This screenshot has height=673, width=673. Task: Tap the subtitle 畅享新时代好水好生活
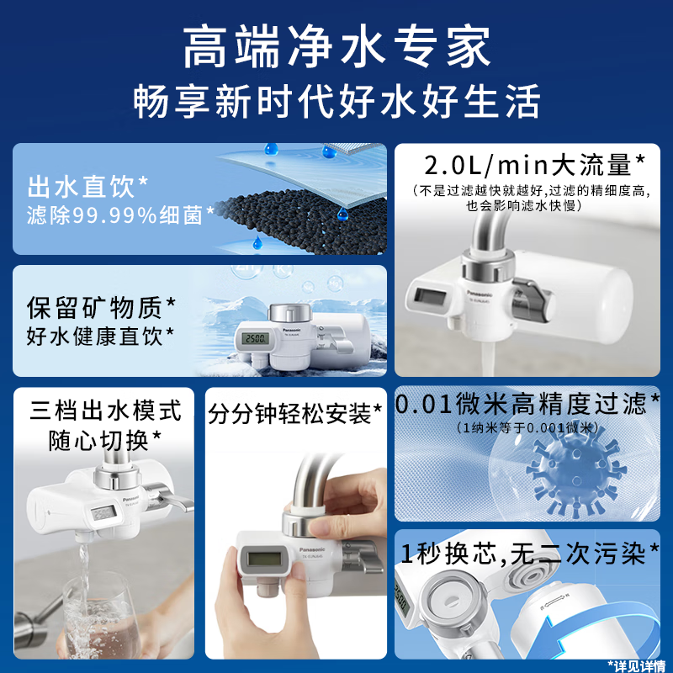click(x=336, y=102)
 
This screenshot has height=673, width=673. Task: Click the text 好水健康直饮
click(x=100, y=336)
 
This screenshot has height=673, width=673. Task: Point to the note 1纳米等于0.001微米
click(x=527, y=427)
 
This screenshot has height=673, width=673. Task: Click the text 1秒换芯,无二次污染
click(x=524, y=554)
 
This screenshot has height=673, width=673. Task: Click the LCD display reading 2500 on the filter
click(x=253, y=339)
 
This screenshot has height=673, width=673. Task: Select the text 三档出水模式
click(x=105, y=411)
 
